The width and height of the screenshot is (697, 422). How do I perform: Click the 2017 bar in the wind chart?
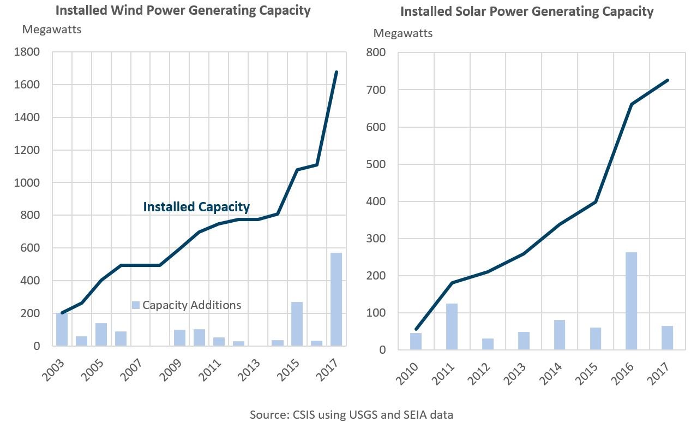pyautogui.click(x=336, y=299)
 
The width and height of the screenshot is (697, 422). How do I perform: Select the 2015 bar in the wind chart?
pyautogui.click(x=297, y=324)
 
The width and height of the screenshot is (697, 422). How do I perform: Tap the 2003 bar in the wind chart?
pyautogui.click(x=62, y=329)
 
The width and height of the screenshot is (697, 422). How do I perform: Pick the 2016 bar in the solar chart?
pyautogui.click(x=631, y=301)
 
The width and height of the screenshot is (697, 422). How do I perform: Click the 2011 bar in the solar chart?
pyautogui.click(x=452, y=326)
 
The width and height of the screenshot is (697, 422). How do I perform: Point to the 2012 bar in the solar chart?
pyautogui.click(x=488, y=344)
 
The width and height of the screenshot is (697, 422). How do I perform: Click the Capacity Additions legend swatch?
pyautogui.click(x=136, y=305)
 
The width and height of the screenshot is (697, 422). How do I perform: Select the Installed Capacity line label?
pyautogui.click(x=196, y=207)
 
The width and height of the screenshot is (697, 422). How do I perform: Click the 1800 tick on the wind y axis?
pyautogui.click(x=27, y=52)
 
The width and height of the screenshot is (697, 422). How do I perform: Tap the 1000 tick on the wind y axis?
pyautogui.click(x=27, y=182)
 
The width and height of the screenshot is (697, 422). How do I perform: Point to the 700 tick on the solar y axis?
pyautogui.click(x=376, y=90)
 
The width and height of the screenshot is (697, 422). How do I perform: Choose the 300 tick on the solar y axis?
pyautogui.click(x=376, y=239)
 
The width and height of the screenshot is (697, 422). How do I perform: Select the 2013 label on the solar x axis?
pyautogui.click(x=515, y=374)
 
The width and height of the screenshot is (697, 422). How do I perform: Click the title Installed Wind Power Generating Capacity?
pyautogui.click(x=183, y=10)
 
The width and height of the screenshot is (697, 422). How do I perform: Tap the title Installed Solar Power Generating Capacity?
pyautogui.click(x=527, y=11)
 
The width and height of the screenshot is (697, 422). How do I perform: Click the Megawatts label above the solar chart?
pyautogui.click(x=403, y=33)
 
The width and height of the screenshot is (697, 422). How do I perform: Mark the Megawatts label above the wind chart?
pyautogui.click(x=52, y=29)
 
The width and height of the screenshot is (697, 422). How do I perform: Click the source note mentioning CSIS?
pyautogui.click(x=352, y=414)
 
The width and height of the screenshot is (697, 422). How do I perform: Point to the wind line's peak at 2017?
pyautogui.click(x=337, y=72)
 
